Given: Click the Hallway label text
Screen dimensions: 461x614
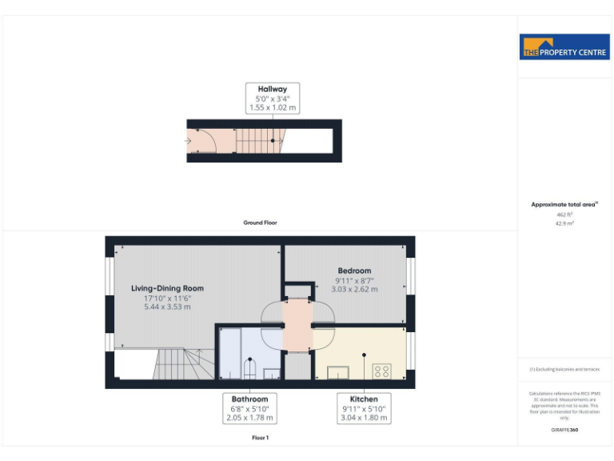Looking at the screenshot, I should tap(272, 89).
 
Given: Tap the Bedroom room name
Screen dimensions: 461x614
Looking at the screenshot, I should tap(354, 271).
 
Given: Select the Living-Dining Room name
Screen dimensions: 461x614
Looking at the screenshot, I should tap(168, 288).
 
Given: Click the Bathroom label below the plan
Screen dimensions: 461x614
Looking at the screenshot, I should tap(249, 399).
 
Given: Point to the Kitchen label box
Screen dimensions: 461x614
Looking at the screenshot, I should tap(364, 407).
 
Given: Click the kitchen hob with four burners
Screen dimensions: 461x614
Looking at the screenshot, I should tap(381, 371).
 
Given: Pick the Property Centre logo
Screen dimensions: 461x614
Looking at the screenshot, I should tap(564, 47).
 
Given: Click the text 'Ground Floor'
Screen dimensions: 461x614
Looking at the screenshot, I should tap(260, 222).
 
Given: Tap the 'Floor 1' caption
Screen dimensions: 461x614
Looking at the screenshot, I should tap(260, 438).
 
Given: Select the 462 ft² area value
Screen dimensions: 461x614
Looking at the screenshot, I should tap(564, 214).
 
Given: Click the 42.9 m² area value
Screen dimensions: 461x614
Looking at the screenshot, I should tap(564, 223).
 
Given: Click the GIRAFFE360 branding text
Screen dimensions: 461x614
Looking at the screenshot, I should tap(564, 430).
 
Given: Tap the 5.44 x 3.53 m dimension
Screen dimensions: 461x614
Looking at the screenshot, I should tap(168, 307).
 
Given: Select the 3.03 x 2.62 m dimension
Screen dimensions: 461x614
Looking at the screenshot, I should tap(354, 289).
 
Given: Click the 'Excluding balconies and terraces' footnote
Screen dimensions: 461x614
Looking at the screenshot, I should tap(564, 369).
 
